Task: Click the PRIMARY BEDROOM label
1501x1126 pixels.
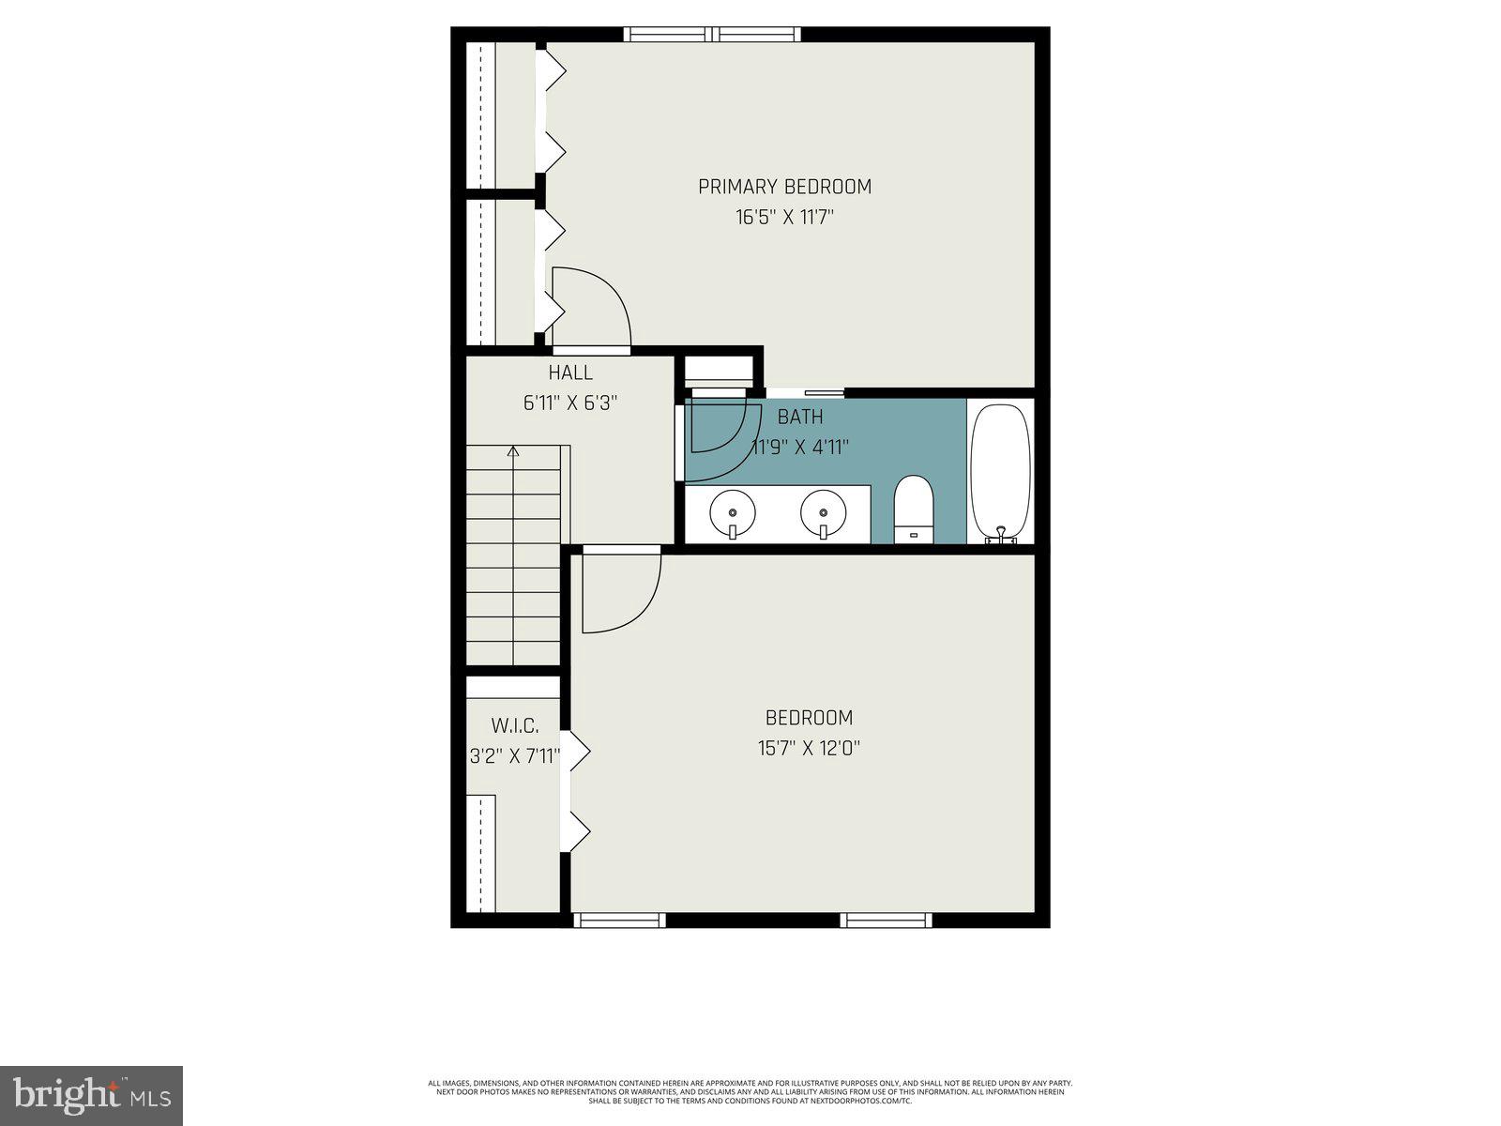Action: [784, 187]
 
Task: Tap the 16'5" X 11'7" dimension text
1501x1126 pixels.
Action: [784, 218]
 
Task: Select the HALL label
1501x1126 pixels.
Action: [570, 373]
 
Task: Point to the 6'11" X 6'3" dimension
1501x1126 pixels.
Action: [570, 403]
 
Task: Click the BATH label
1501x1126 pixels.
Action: [800, 417]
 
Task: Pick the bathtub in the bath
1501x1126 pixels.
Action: [1000, 469]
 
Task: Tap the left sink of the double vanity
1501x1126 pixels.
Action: [733, 512]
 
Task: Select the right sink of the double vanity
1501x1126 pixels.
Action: [823, 512]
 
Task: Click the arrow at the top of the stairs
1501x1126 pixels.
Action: [513, 452]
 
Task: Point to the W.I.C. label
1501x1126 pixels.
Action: [515, 725]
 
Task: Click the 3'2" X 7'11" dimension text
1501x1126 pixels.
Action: [515, 756]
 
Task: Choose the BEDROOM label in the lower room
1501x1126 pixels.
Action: [809, 718]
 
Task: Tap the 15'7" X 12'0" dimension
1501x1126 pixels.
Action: [809, 749]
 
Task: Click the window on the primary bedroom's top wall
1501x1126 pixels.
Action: [713, 35]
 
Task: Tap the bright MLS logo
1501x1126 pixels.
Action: [91, 1095]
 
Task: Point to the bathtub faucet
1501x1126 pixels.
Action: [1001, 536]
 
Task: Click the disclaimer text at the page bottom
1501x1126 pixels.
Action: [750, 1091]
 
